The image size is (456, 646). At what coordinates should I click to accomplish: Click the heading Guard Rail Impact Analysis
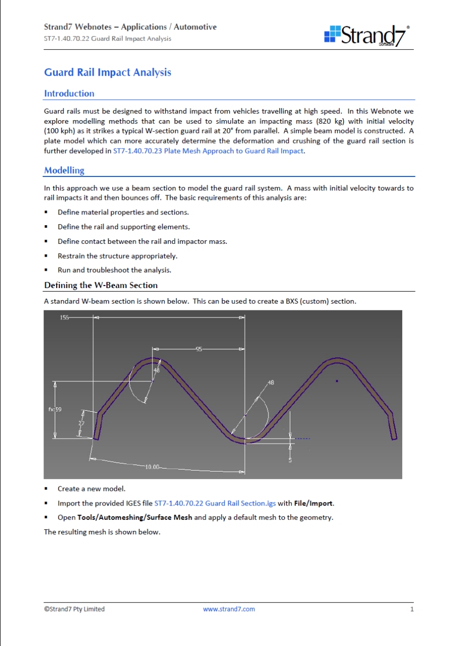[107, 72]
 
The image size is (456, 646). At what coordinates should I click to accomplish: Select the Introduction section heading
[69, 93]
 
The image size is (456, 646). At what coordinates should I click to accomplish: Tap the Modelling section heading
[64, 170]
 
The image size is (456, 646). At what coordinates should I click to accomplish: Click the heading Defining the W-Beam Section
[101, 285]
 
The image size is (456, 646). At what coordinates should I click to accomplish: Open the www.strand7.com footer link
[229, 609]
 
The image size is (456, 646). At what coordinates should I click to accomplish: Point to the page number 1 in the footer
[412, 609]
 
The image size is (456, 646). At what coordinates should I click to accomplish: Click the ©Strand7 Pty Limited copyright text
[74, 609]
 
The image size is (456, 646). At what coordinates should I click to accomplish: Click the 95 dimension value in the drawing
[199, 349]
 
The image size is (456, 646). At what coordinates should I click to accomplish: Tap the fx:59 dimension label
[55, 409]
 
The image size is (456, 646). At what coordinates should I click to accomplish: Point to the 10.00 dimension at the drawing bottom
[152, 466]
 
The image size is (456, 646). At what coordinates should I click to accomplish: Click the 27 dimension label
[81, 422]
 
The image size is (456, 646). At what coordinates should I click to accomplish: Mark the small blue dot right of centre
[337, 381]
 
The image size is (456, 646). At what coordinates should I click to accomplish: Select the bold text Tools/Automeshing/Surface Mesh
[134, 518]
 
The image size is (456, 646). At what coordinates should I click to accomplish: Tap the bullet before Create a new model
[46, 489]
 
